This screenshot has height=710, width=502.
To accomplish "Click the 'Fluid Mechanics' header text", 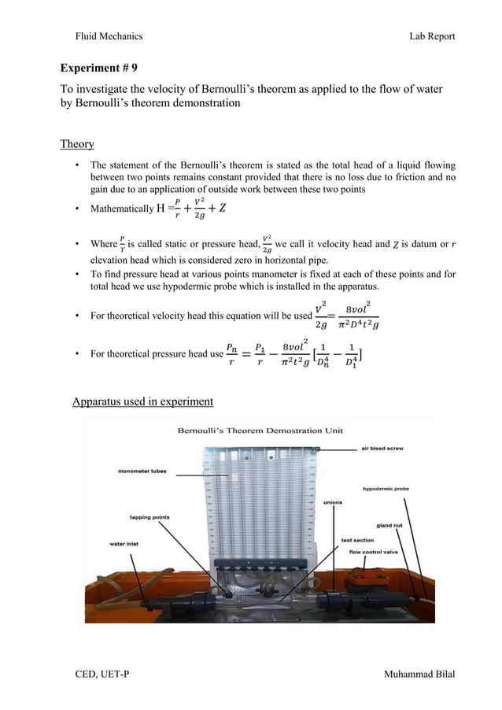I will click(x=109, y=36).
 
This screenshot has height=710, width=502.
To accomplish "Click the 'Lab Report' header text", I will click(x=432, y=36).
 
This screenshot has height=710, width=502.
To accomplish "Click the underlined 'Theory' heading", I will click(x=77, y=144).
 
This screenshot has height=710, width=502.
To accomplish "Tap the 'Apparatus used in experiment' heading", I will click(x=142, y=401).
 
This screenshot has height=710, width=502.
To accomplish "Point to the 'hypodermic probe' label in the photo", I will click(x=385, y=489).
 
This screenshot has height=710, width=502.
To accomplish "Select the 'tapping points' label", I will click(x=149, y=517).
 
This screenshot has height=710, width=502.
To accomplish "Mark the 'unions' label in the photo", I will click(x=333, y=502).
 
